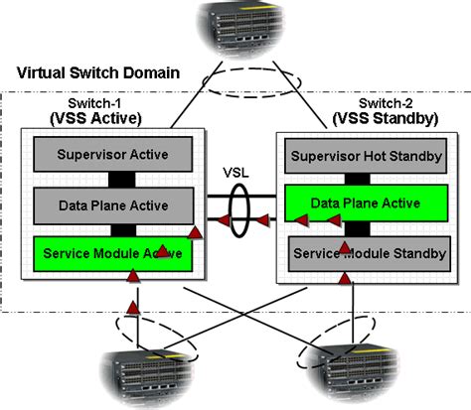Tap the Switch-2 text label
point(387,103)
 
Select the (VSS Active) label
point(95,118)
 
